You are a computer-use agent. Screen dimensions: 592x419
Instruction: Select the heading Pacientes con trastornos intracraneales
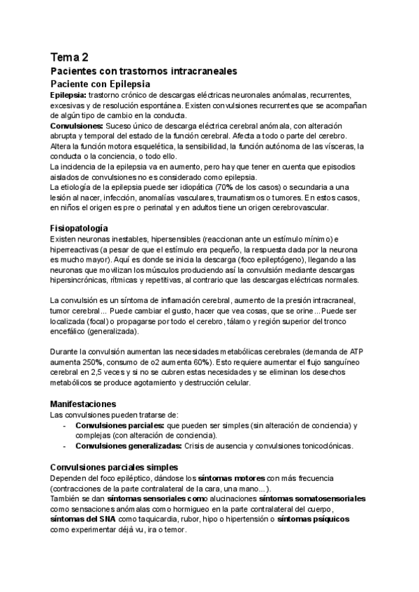145,71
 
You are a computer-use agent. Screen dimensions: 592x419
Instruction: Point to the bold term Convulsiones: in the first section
78,124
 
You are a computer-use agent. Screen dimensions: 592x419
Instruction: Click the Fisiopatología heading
79,228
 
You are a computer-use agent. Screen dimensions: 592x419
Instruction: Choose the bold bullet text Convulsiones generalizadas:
128,446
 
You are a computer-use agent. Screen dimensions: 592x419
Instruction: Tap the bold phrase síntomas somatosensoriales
312,499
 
